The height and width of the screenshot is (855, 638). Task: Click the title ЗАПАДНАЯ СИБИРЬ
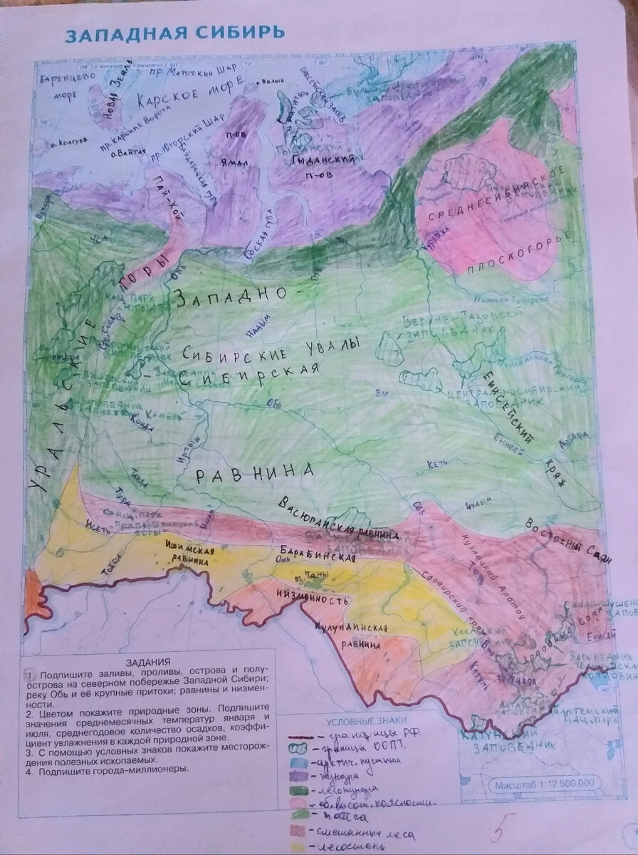click(175, 34)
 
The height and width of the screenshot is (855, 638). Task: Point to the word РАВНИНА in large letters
click(255, 472)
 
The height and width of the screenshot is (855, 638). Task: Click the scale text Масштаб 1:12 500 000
click(545, 784)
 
